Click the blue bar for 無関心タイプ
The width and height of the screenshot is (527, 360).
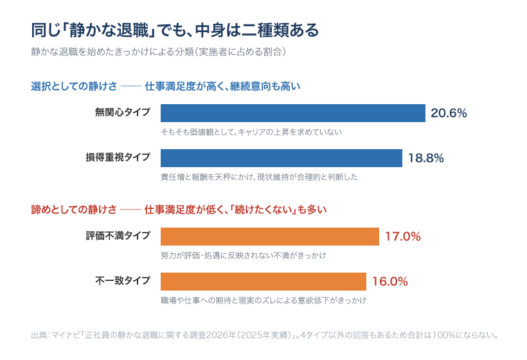point(292,113)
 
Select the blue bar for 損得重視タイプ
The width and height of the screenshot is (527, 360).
point(281,158)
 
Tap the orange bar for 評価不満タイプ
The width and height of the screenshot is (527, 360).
point(270,237)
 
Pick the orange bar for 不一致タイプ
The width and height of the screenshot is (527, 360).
point(263,282)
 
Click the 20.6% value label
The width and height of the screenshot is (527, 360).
point(449,113)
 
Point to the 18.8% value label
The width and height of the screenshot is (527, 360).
point(426,158)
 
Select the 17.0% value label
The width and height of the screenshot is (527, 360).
point(403,237)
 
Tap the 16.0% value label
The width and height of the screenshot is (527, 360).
point(390,282)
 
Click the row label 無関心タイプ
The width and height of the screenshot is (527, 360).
point(123,113)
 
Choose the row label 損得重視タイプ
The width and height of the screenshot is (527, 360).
point(118,157)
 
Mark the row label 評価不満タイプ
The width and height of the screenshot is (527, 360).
point(118,236)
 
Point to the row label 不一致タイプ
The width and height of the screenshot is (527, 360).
point(123,281)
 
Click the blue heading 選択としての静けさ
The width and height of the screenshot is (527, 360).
point(74,86)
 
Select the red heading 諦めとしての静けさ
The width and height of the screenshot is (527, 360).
point(74,210)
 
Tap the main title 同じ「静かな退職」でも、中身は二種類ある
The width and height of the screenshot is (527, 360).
point(175,30)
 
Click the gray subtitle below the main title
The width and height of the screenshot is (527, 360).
point(159,52)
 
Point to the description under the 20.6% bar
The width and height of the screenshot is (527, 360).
point(251,132)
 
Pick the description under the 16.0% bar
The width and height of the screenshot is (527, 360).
point(263,300)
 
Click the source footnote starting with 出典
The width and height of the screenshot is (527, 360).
point(265,335)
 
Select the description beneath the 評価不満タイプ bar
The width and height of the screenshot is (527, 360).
point(244,255)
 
